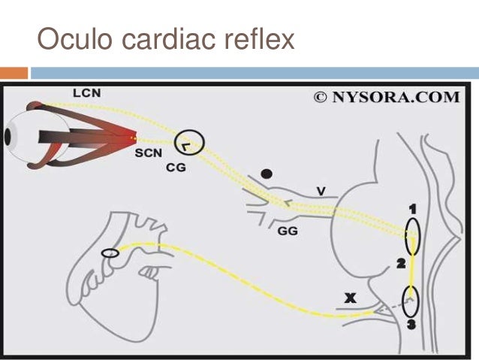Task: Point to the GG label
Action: pyautogui.click(x=288, y=231)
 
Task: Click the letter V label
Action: pyautogui.click(x=321, y=192)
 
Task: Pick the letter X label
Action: pyautogui.click(x=349, y=298)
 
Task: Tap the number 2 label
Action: pyautogui.click(x=401, y=264)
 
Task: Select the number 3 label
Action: pyautogui.click(x=410, y=324)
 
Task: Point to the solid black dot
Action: pyautogui.click(x=266, y=174)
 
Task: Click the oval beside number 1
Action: pyautogui.click(x=412, y=235)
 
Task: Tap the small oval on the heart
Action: pyautogui.click(x=110, y=253)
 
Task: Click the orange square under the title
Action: pyautogui.click(x=14, y=72)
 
